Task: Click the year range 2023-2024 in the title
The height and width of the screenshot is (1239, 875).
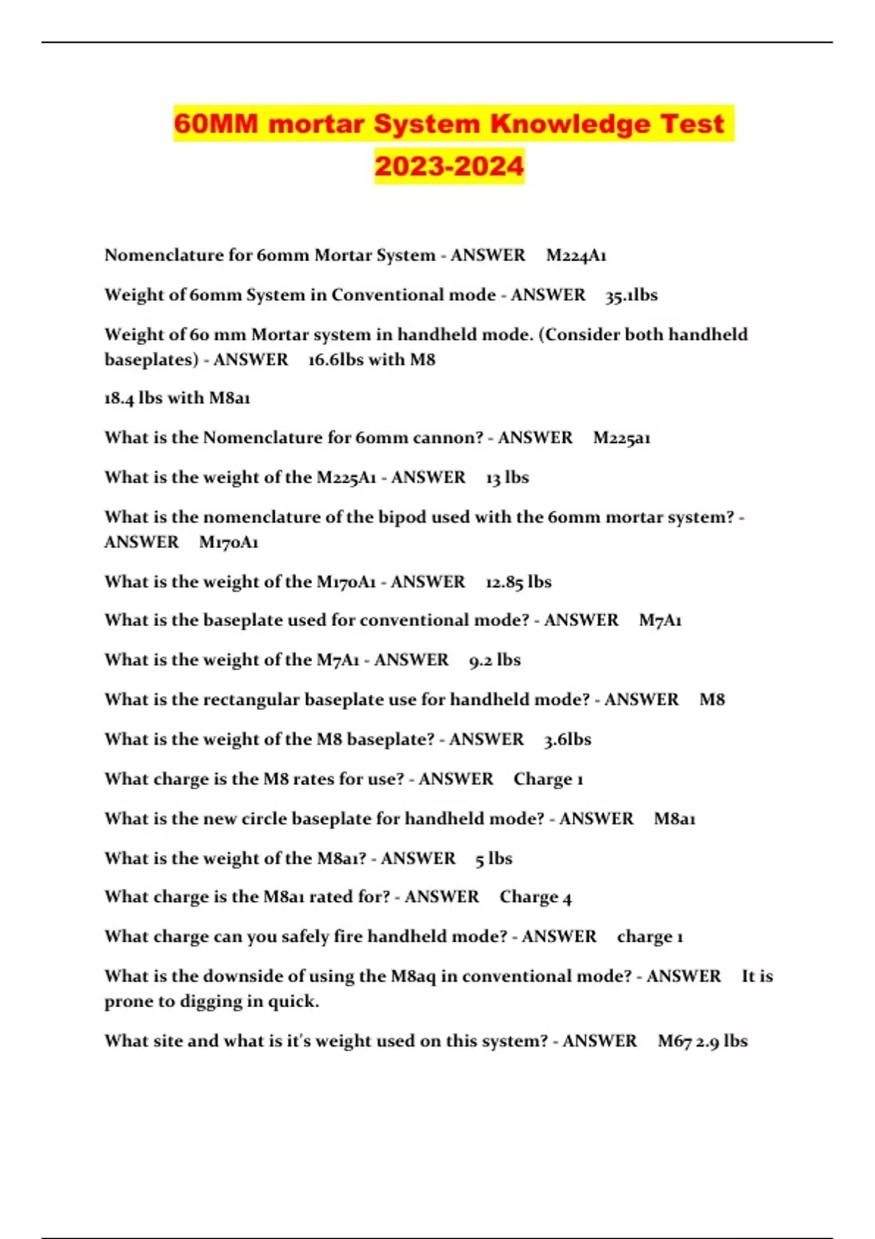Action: click(x=449, y=166)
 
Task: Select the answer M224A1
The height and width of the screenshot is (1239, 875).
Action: click(x=576, y=256)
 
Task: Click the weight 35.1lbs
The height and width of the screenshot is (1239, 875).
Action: click(x=631, y=295)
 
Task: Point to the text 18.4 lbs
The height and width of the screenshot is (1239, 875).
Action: click(x=133, y=398)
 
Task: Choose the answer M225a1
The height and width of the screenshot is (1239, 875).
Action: click(x=621, y=438)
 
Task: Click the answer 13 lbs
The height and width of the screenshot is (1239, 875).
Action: click(x=507, y=477)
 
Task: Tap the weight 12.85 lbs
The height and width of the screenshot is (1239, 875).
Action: click(x=518, y=582)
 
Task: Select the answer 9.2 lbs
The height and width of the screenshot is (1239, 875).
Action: click(x=494, y=660)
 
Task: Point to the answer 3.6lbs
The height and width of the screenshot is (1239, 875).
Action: click(x=567, y=740)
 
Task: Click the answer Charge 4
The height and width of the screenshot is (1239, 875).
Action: click(x=535, y=897)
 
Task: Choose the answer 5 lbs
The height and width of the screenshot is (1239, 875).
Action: click(x=494, y=859)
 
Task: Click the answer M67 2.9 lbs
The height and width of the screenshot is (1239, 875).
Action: click(x=702, y=1041)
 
